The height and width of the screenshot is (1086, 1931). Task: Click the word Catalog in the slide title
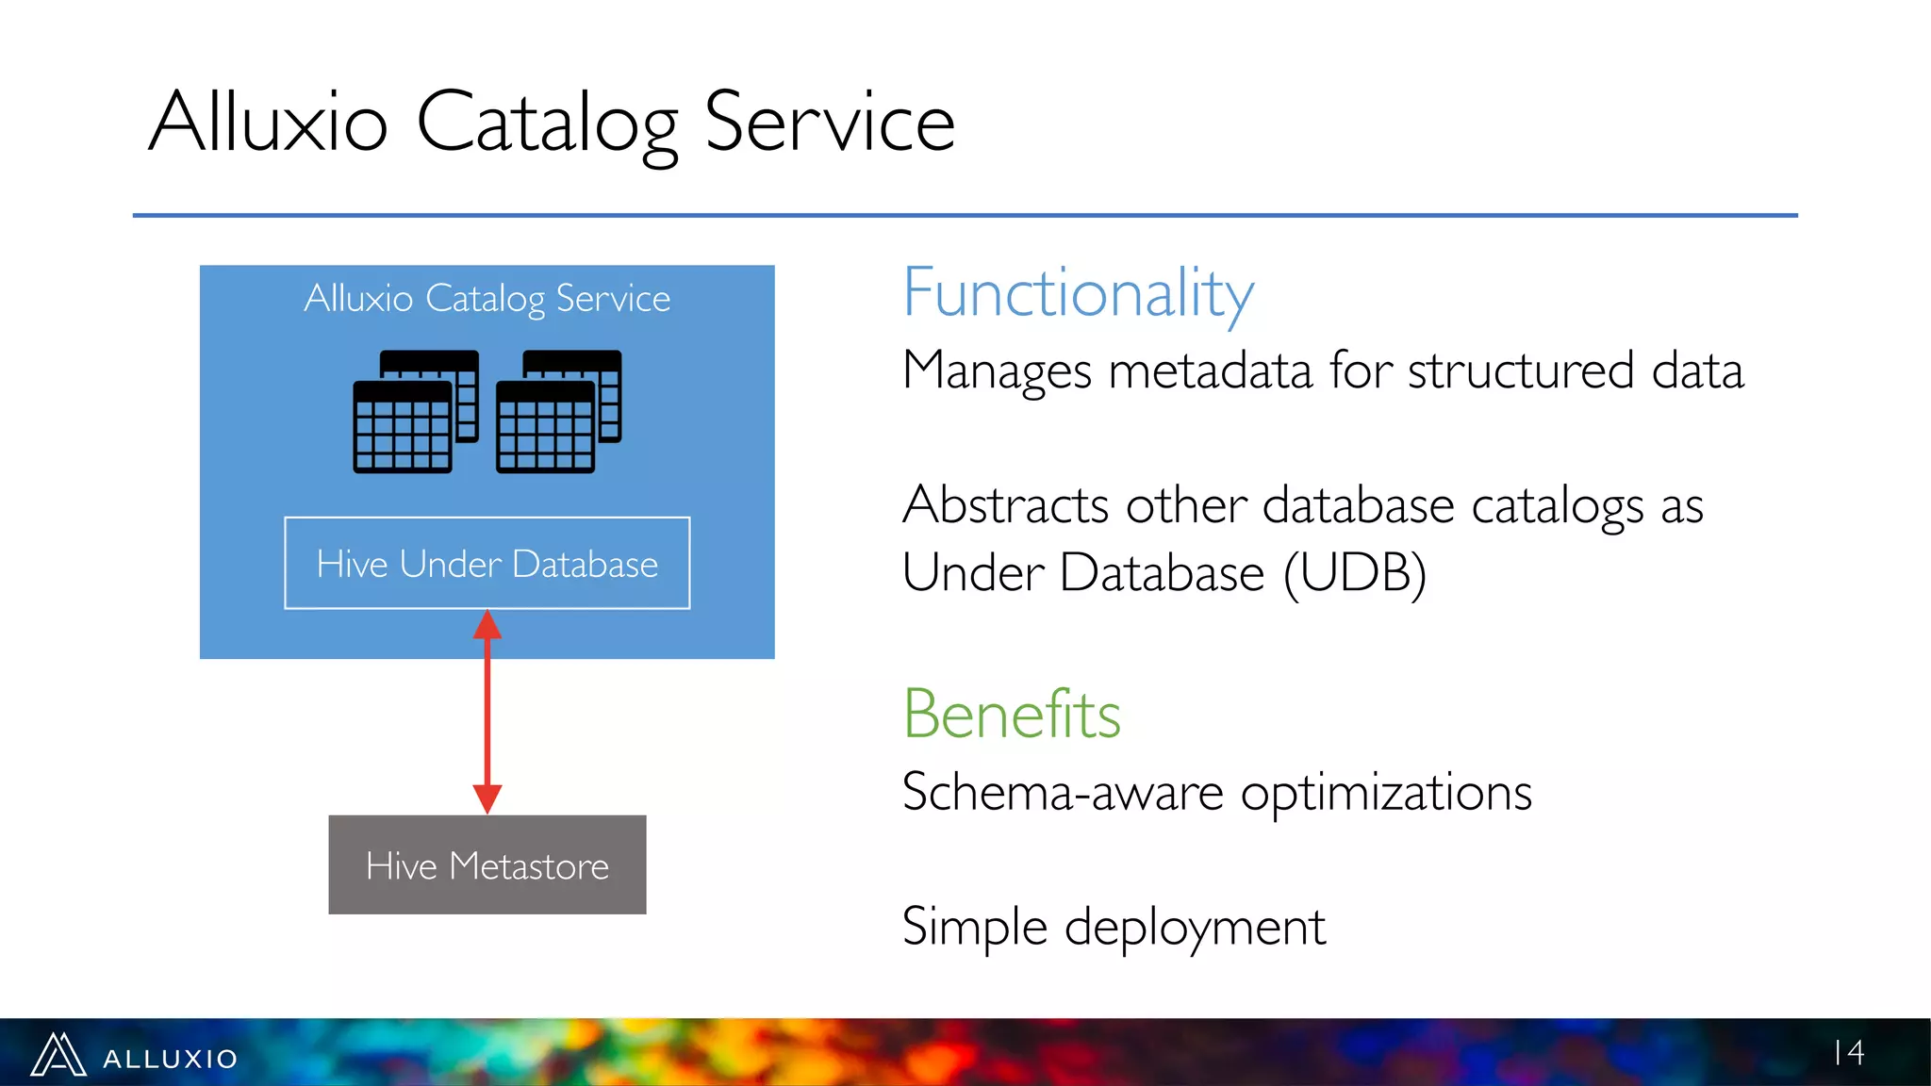(547, 123)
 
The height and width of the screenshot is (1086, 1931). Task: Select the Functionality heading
(1078, 293)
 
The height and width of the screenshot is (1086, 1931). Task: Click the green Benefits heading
(1012, 714)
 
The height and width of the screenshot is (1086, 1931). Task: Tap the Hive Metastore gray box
(487, 864)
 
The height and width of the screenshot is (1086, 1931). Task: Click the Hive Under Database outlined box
(487, 563)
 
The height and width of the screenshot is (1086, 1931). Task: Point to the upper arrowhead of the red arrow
(487, 624)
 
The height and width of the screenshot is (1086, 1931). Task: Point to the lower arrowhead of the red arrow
(487, 798)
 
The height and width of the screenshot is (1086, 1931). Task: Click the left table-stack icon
(415, 411)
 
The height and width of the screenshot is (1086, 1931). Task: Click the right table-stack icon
(558, 411)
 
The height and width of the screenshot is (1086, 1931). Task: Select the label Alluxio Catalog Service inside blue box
(487, 298)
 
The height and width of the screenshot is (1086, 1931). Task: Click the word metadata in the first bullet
(1210, 370)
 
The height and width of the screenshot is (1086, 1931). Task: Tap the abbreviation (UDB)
(1354, 572)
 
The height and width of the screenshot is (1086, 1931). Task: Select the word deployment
(1195, 927)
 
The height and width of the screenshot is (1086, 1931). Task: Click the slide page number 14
(1849, 1052)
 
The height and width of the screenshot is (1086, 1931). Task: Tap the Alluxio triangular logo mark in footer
(58, 1055)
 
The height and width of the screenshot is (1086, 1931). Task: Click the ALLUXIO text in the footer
(170, 1059)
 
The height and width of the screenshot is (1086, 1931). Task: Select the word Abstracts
(1005, 505)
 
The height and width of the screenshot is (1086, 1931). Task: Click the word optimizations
(1385, 792)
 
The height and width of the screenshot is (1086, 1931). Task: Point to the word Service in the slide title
(829, 123)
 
